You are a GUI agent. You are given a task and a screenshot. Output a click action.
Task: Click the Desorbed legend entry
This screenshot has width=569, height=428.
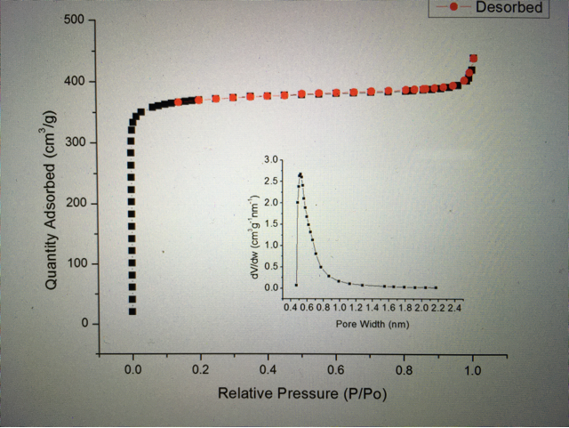[509, 7]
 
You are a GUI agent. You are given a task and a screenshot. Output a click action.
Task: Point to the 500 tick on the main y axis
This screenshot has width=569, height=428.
[74, 20]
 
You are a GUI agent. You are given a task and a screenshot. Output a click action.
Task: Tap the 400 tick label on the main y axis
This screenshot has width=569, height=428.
[74, 82]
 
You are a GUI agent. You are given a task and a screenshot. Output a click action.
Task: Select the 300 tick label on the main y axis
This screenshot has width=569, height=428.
[74, 142]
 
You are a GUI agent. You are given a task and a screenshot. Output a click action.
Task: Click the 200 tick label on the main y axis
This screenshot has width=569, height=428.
[74, 203]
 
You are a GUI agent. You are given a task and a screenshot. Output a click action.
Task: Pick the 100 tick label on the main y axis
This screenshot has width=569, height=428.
[74, 263]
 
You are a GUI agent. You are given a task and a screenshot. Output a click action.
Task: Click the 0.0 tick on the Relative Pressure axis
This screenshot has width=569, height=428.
[133, 367]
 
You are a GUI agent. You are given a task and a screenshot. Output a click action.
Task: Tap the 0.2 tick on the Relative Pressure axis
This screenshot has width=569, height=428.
[201, 367]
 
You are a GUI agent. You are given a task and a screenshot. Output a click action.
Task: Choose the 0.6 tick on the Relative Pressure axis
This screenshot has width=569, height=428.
[337, 367]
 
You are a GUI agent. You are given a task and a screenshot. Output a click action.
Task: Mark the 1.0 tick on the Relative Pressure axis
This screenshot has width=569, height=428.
[473, 367]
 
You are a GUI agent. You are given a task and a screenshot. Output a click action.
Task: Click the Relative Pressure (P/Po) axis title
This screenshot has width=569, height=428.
[303, 392]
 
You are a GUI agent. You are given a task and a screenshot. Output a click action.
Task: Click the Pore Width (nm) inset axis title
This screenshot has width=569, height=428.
[373, 324]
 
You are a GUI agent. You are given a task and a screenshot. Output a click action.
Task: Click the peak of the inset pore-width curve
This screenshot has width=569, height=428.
[301, 174]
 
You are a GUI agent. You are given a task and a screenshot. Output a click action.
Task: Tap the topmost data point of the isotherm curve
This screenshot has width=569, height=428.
[473, 59]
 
